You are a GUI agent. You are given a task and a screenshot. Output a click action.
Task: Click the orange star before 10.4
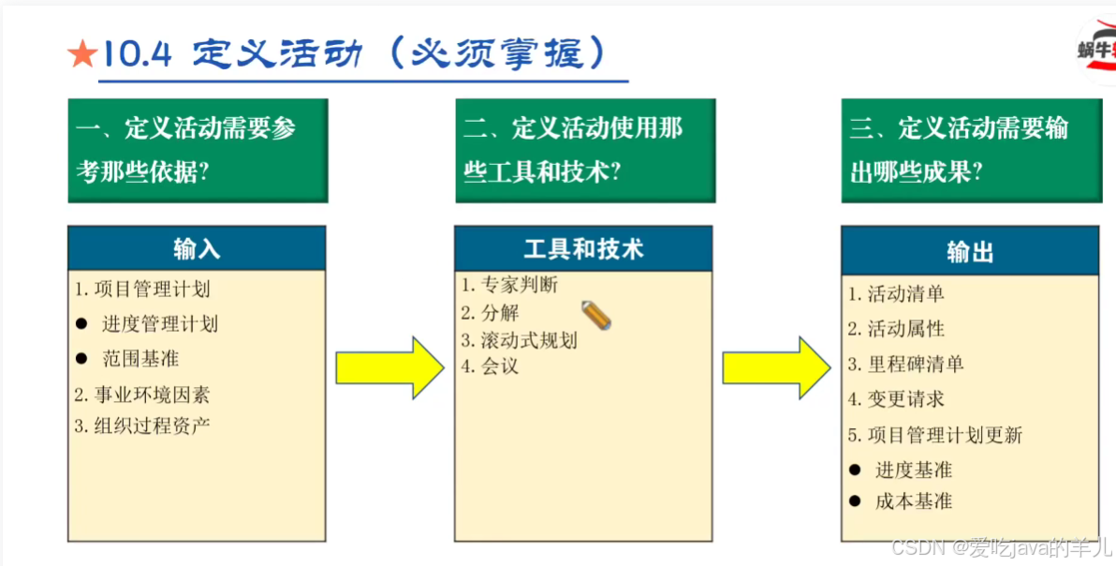click(82, 55)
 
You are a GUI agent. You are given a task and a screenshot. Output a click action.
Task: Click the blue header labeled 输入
click(197, 248)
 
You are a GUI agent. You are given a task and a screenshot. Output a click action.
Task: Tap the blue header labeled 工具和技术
click(583, 248)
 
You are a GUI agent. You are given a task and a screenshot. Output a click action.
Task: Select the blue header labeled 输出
click(970, 251)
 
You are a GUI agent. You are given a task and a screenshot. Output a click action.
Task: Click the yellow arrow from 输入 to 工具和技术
click(389, 368)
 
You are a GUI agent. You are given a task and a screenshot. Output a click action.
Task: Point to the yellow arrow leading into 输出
click(776, 368)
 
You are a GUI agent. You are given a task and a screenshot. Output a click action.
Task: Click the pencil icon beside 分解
click(596, 316)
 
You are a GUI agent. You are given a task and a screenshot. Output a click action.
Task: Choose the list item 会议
click(490, 366)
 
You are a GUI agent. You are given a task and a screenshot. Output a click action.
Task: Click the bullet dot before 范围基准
click(81, 359)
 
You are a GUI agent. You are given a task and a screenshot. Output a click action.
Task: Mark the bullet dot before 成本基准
click(855, 501)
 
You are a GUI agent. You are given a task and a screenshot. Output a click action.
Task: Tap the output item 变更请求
click(896, 399)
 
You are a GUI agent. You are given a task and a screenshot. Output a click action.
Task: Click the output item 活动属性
click(896, 329)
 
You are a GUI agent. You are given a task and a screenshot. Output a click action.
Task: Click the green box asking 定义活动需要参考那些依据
click(198, 150)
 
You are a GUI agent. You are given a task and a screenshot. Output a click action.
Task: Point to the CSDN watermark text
click(1001, 547)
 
